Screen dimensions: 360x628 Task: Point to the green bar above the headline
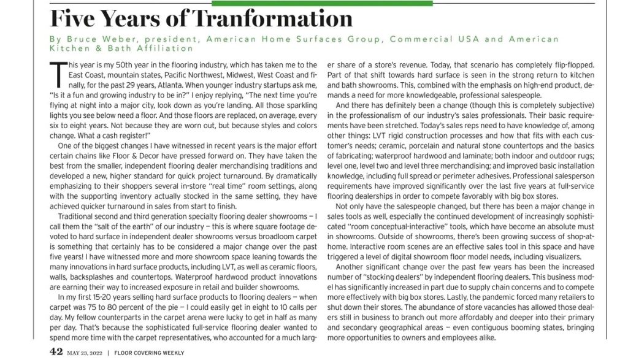point(321,2)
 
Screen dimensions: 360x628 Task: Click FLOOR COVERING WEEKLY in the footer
point(149,353)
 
